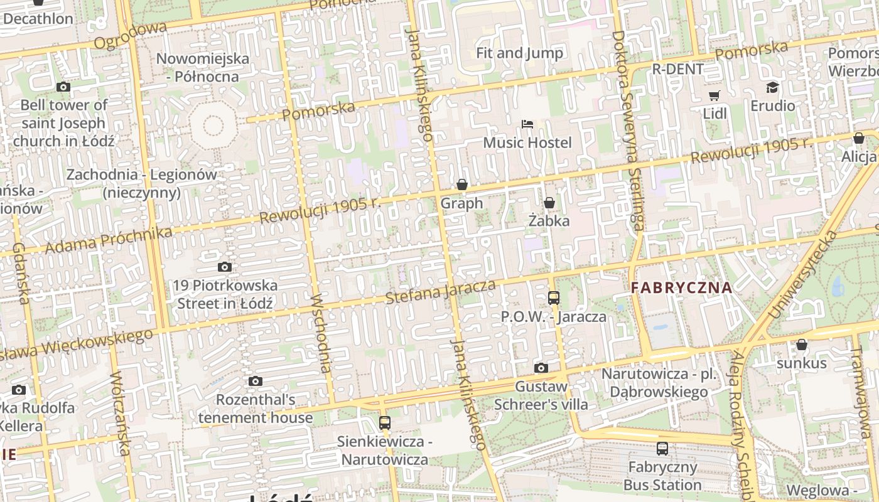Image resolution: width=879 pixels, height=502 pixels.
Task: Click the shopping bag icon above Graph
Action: (462, 184)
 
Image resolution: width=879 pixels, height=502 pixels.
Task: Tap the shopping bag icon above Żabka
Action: (549, 203)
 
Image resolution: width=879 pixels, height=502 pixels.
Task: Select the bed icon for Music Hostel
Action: (527, 124)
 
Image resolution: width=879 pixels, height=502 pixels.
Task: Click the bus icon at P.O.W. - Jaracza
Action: (553, 298)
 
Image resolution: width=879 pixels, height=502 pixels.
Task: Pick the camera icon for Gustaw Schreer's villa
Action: (541, 368)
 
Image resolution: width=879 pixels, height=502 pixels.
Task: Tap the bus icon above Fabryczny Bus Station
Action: (662, 448)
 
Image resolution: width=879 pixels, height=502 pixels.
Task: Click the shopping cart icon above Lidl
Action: (714, 95)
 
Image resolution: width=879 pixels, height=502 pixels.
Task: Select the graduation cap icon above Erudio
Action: (772, 88)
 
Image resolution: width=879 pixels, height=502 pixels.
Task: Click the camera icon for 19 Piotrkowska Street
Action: (224, 267)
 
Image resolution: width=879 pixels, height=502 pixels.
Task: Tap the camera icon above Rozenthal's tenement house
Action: (255, 381)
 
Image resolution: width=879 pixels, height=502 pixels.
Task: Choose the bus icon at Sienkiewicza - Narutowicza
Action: (384, 423)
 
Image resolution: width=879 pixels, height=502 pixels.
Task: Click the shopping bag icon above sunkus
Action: (801, 344)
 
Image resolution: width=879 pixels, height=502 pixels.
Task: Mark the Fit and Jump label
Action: (519, 53)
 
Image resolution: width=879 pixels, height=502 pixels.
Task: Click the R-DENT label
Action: (678, 69)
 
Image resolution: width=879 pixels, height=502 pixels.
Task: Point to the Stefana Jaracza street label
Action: (440, 292)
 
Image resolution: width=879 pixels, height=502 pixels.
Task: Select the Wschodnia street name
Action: (321, 333)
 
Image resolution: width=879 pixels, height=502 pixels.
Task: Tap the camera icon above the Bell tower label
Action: (63, 87)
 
